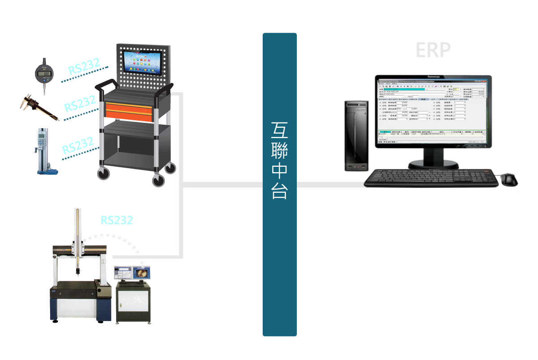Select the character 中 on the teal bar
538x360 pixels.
click(279, 171)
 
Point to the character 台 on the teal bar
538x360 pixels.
click(279, 191)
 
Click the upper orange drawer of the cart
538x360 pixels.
click(129, 106)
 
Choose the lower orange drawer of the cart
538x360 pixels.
click(129, 115)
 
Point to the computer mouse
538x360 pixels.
click(509, 179)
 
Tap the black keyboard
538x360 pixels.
click(430, 178)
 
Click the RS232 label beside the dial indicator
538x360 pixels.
click(83, 68)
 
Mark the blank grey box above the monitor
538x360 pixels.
click(433, 50)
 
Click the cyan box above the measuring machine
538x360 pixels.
click(117, 220)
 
